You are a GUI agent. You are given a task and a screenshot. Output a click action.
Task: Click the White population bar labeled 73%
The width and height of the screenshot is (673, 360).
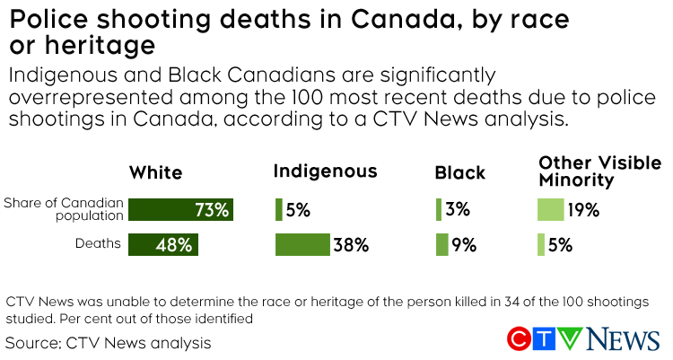[x=180, y=210]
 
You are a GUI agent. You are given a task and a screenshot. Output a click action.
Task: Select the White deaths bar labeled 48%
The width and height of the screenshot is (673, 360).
[x=162, y=244]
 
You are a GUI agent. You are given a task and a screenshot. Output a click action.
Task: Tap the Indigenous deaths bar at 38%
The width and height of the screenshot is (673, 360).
[x=302, y=244]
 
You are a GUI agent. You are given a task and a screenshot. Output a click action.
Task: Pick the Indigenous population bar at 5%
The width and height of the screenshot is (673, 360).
[x=279, y=210]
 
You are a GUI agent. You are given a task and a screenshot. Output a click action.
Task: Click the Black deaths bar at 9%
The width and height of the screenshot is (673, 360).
[x=441, y=244]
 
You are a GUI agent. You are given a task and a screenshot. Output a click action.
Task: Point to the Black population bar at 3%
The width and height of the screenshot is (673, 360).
[x=439, y=210]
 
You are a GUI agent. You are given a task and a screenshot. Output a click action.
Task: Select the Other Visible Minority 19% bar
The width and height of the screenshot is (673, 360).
[x=550, y=210]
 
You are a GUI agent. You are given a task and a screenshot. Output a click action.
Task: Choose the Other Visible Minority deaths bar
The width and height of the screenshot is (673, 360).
[x=541, y=244]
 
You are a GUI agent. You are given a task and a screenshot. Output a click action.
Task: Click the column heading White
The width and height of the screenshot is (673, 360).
[x=155, y=172]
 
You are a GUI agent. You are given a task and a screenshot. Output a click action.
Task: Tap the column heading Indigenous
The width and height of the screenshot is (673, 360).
[x=325, y=171]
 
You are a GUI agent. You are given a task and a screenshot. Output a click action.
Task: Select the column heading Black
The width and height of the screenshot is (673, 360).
[x=459, y=172]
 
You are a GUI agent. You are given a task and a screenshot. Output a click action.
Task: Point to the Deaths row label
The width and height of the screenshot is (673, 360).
[x=99, y=244]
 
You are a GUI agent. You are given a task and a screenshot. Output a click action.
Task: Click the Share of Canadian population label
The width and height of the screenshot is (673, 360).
[x=63, y=209]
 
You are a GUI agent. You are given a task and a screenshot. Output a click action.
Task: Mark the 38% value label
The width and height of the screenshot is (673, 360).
[x=351, y=245]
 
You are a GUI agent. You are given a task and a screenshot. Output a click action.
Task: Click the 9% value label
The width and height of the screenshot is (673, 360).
[x=464, y=245]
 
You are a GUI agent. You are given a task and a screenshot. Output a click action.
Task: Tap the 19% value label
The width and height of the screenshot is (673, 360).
[x=582, y=211]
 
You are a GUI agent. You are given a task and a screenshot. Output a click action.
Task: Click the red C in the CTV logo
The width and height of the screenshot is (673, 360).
[x=520, y=339]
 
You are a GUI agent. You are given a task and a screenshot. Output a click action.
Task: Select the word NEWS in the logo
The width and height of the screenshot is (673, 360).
[x=624, y=339]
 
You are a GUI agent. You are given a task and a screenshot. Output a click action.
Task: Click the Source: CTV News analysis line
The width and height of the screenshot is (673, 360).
[x=108, y=342]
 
